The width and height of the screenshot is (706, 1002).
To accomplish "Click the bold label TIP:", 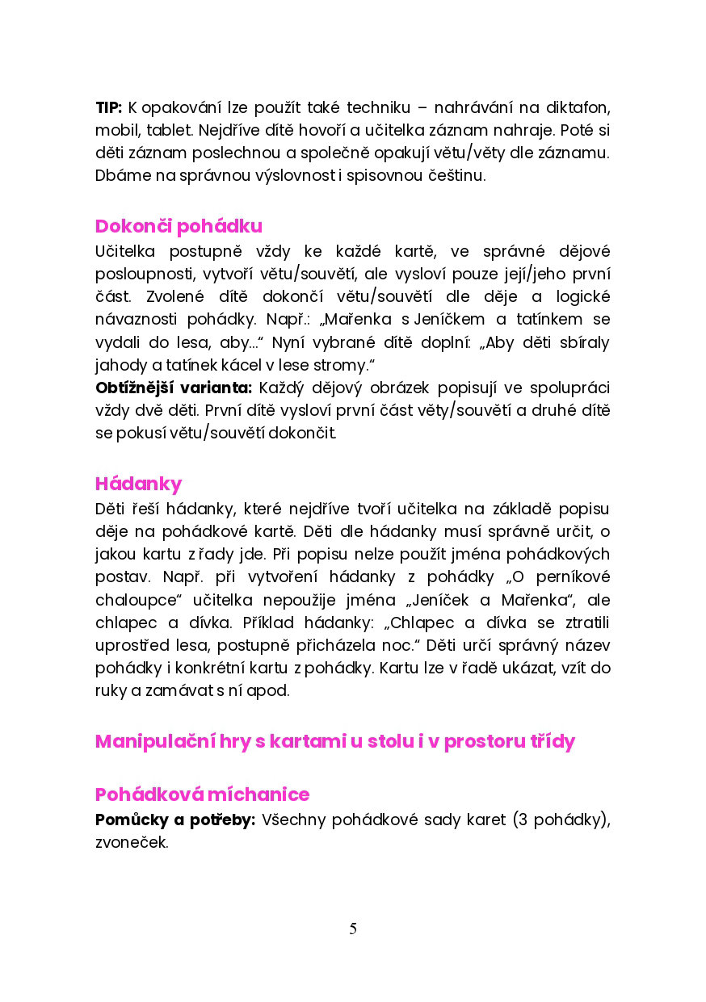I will click(108, 107).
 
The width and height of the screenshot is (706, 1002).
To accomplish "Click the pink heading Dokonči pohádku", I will click(179, 226).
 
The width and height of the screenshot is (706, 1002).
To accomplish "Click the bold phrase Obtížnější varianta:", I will click(174, 388).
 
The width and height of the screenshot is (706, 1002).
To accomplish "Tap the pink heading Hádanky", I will click(138, 484).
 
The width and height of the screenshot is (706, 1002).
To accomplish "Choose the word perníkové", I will click(571, 577).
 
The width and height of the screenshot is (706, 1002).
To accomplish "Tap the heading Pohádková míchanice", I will click(202, 794).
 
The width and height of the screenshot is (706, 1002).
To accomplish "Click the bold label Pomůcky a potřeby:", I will click(175, 820).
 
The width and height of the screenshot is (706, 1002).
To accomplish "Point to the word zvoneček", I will click(132, 843).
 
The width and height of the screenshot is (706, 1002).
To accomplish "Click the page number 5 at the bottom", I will click(353, 929).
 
